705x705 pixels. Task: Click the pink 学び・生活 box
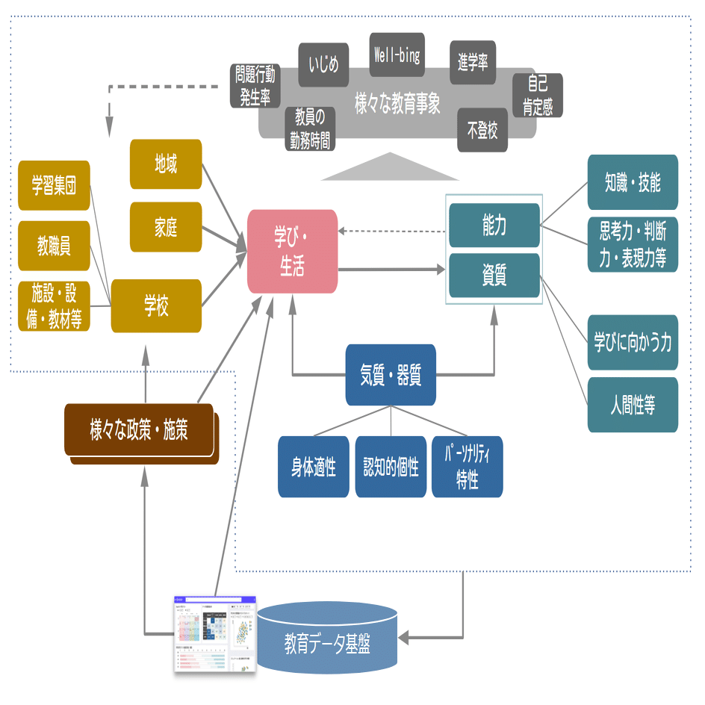(x=292, y=251)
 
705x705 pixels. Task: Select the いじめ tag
(x=323, y=65)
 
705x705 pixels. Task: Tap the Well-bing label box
(x=397, y=55)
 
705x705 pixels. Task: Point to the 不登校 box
(x=482, y=131)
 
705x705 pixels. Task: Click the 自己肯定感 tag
(x=538, y=95)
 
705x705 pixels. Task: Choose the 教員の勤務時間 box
(x=309, y=128)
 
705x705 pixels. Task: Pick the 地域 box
(x=166, y=164)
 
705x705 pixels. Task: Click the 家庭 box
(x=166, y=226)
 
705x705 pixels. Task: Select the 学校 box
(x=156, y=305)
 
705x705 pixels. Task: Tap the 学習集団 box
(x=54, y=185)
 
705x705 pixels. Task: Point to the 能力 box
(x=494, y=225)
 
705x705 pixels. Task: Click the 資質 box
(x=494, y=276)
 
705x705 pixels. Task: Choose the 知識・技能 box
(x=633, y=182)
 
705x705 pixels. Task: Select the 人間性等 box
(x=633, y=405)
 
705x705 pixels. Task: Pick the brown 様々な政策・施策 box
(x=140, y=431)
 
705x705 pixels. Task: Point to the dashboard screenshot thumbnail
(x=215, y=634)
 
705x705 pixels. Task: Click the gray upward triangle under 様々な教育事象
(x=390, y=168)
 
